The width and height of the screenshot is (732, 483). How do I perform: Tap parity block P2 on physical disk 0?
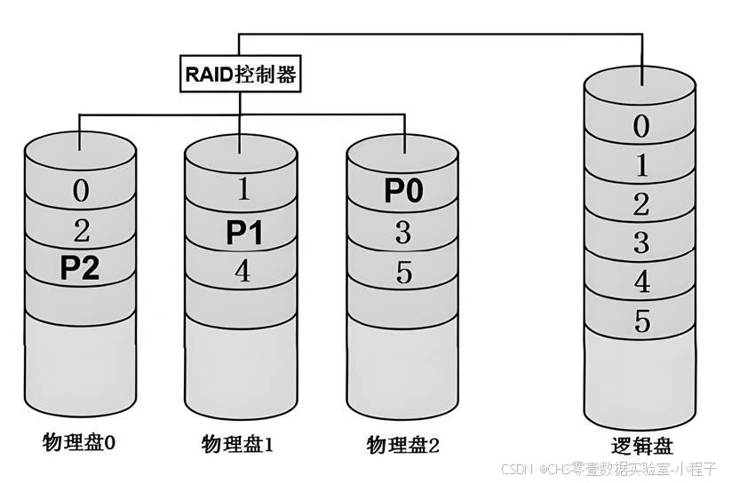[x=79, y=268]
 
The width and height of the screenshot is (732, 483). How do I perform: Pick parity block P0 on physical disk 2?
[x=405, y=191]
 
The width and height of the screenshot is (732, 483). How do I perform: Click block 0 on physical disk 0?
[x=80, y=191]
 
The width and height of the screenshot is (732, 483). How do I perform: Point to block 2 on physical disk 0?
[x=80, y=231]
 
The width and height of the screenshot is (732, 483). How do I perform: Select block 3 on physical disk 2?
[x=404, y=233]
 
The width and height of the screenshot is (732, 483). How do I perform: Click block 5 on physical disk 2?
[x=404, y=273]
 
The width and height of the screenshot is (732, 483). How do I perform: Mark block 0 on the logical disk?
[x=640, y=127]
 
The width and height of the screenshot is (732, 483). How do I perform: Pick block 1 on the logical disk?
[x=640, y=166]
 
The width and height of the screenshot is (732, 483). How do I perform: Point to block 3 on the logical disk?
[x=640, y=242]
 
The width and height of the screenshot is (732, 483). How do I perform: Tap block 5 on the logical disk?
[x=640, y=321]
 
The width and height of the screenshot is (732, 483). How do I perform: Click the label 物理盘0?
[x=79, y=441]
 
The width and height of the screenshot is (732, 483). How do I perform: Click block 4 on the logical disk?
[x=640, y=282]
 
